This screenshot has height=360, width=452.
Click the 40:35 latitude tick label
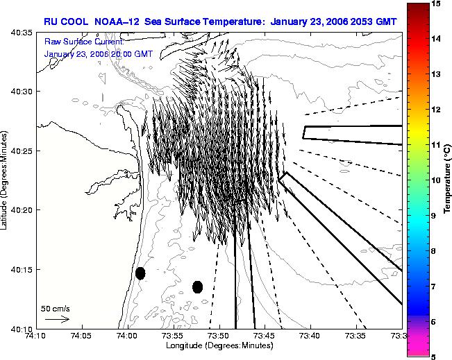click(22, 33)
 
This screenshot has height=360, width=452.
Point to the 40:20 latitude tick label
click(22, 210)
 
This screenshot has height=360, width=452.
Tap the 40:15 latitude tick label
click(22, 270)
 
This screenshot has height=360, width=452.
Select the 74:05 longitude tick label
click(82, 336)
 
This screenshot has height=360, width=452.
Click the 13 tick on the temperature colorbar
click(435, 74)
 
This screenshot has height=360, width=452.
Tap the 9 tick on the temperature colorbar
click(433, 216)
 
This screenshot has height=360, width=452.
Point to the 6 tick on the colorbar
click(433, 322)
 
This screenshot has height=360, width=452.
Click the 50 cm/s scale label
click(56, 309)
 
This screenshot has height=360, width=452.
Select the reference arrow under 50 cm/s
click(57, 319)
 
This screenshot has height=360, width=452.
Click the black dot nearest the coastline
click(140, 273)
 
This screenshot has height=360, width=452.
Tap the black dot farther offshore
click(197, 287)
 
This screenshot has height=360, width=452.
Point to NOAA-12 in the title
click(117, 22)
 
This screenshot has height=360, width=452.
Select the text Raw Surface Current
click(84, 42)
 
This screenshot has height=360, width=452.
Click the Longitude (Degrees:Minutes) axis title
click(219, 345)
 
